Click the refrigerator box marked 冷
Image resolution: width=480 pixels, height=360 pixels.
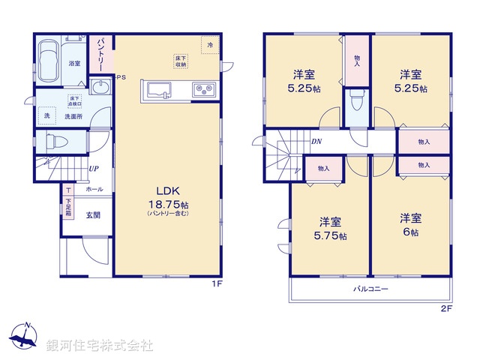(x=210, y=45)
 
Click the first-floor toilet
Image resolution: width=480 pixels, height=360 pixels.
(x=56, y=142)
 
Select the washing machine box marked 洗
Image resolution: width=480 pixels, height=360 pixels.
(x=46, y=116)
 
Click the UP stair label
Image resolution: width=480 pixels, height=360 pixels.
(x=93, y=169)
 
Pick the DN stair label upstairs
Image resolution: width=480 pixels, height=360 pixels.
(x=316, y=140)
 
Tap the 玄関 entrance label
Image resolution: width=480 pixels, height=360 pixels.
(x=93, y=215)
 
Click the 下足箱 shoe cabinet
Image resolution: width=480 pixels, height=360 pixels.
(x=68, y=202)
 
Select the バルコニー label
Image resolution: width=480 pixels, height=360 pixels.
(x=370, y=289)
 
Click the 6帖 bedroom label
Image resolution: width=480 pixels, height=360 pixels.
(x=409, y=225)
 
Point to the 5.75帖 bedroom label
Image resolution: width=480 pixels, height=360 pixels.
(x=331, y=229)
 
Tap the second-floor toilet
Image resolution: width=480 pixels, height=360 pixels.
(x=358, y=103)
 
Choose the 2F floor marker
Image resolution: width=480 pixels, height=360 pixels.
(x=446, y=307)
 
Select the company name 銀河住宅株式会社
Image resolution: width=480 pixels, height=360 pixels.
(x=100, y=346)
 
